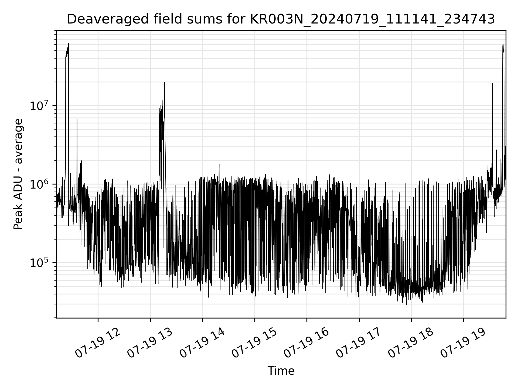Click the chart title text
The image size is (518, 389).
281,19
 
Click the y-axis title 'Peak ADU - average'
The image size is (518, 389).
18,174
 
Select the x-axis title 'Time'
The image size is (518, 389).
281,371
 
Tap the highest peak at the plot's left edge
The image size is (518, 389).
69,43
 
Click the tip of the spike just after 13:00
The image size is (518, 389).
165,82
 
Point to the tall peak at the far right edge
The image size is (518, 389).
503,45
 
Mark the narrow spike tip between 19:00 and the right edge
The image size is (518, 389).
493,83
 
